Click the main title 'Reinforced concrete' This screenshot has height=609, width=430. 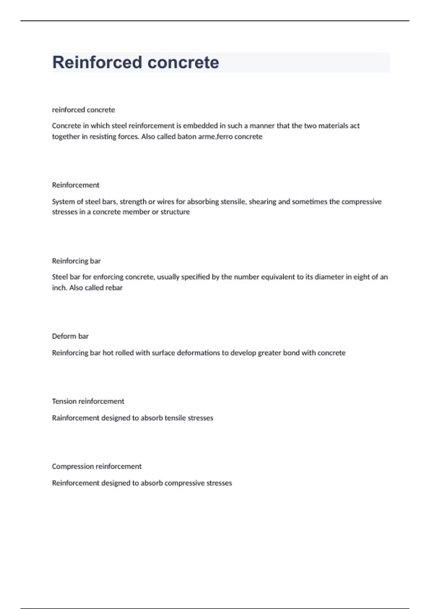pyautogui.click(x=135, y=62)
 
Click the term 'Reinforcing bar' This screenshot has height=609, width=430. pyautogui.click(x=76, y=261)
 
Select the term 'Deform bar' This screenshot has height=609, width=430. pyautogui.click(x=70, y=336)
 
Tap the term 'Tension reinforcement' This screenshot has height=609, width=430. pyautogui.click(x=88, y=401)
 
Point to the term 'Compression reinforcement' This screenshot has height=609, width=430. pyautogui.click(x=97, y=466)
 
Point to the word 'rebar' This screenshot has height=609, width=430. pyautogui.click(x=114, y=288)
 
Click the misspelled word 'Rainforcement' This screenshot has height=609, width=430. pyautogui.click(x=76, y=418)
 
